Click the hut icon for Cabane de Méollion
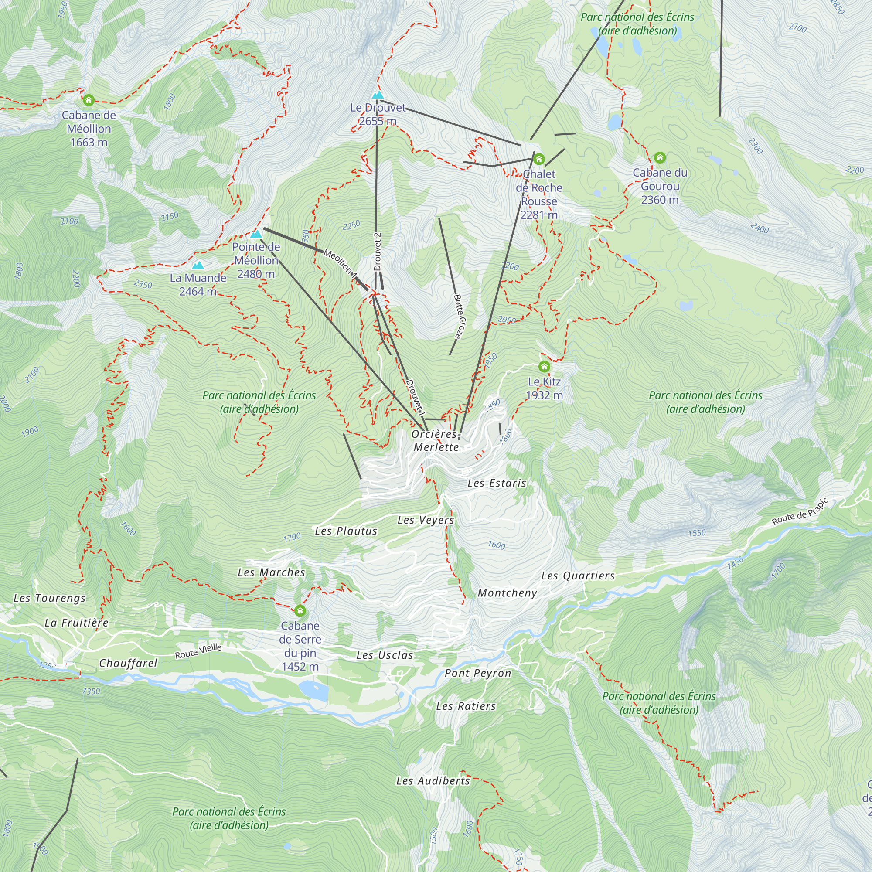(89, 100)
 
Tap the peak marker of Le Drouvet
(377, 95)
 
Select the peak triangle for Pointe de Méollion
(256, 234)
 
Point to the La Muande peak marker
(198, 266)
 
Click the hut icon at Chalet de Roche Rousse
(539, 159)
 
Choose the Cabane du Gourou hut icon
(659, 157)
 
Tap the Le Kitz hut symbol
(544, 367)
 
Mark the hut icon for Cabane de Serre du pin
(300, 611)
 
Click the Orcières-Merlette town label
(436, 440)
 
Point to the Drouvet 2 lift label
(378, 252)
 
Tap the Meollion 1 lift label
(341, 264)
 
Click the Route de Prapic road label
(800, 512)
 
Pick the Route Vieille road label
(198, 651)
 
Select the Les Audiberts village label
(433, 781)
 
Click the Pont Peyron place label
(477, 674)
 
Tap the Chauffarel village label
(128, 663)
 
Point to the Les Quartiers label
(578, 576)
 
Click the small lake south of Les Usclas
(313, 690)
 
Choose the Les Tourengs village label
(49, 599)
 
